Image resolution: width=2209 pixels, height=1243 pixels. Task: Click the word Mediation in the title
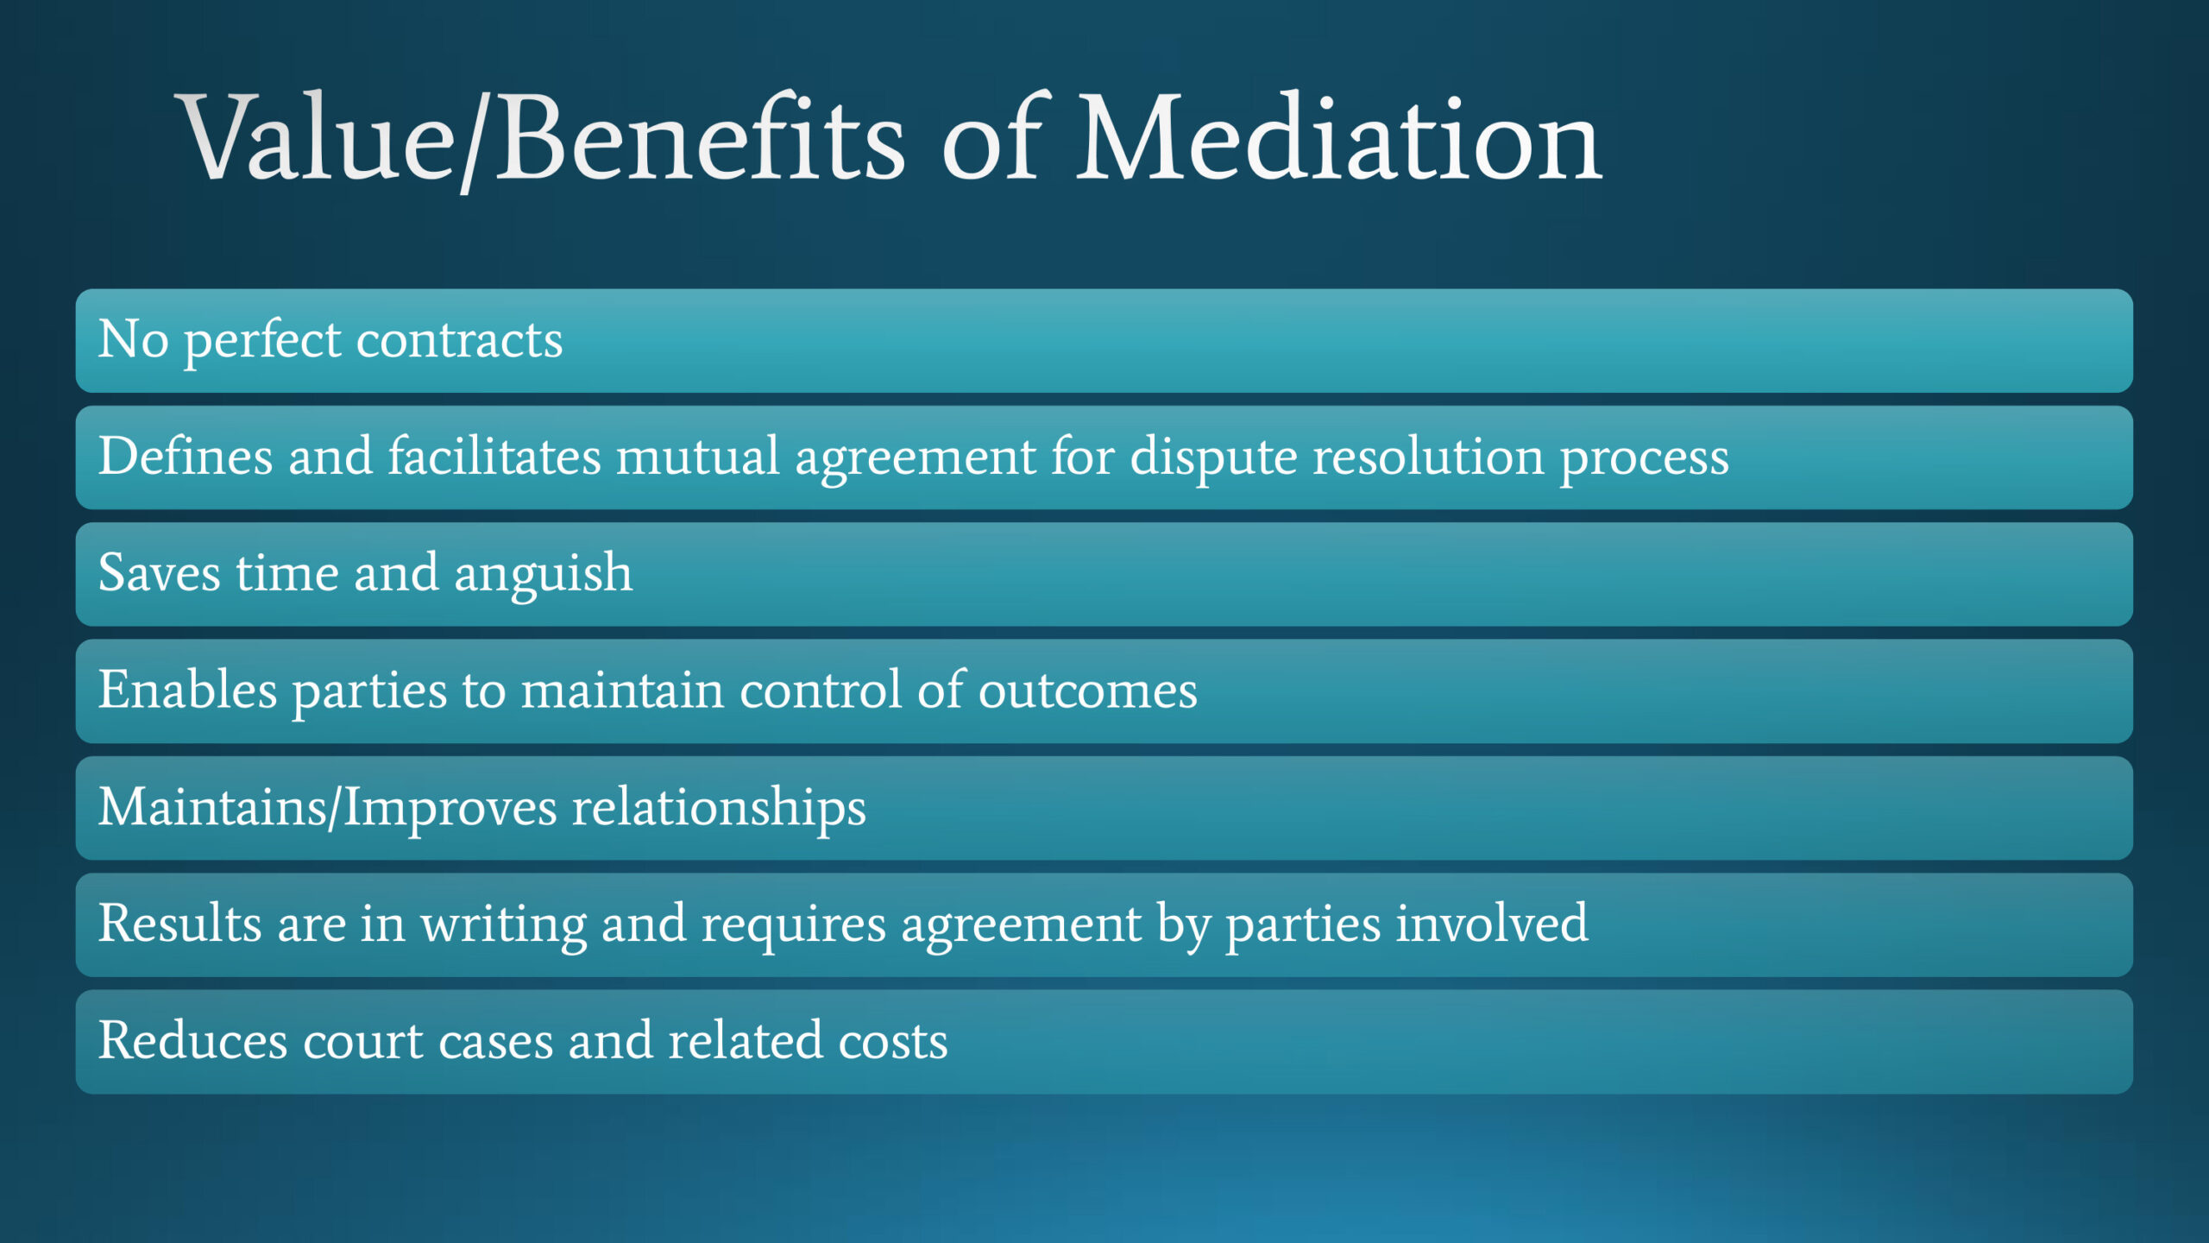(x=1339, y=138)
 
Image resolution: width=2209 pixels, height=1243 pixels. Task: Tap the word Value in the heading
(x=316, y=138)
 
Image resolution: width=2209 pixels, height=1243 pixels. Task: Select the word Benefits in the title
(x=700, y=138)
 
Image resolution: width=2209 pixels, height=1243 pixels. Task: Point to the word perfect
(x=262, y=341)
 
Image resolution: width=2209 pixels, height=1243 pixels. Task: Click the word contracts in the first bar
(x=460, y=340)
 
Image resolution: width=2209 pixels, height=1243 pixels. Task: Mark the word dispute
(x=1214, y=459)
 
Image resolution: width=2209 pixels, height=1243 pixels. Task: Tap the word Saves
(x=160, y=573)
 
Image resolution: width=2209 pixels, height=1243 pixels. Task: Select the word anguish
(x=544, y=577)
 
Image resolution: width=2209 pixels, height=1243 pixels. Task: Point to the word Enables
(x=187, y=690)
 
